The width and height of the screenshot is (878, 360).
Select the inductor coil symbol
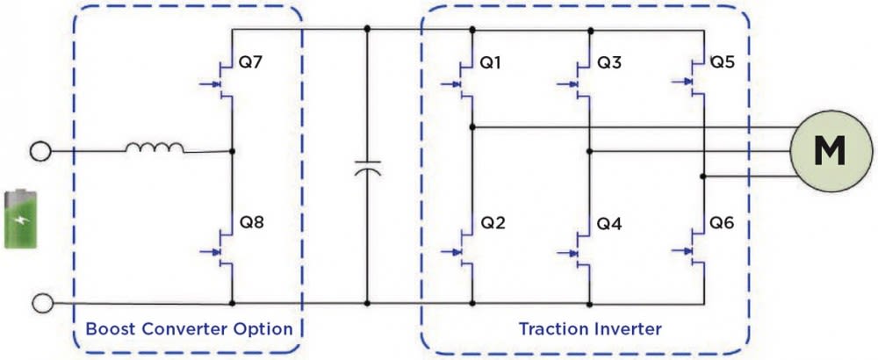155,148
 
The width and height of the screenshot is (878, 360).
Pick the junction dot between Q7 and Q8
231,151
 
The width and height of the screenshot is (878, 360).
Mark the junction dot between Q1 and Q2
472,127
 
